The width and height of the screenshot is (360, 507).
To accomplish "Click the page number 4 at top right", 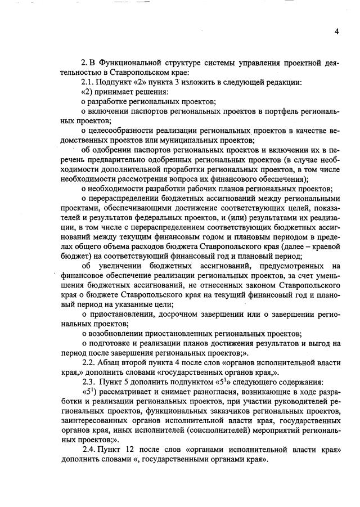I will click(336, 32).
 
